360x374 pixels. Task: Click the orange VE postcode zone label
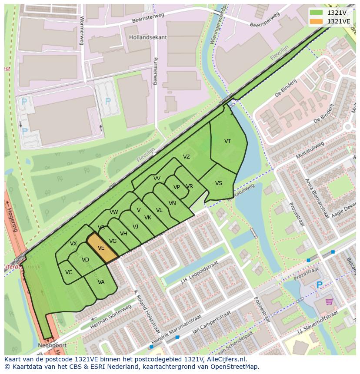(101, 248)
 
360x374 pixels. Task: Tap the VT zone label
(227, 141)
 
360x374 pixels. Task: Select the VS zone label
(218, 183)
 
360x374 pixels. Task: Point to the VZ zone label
(186, 157)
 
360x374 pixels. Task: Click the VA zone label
(101, 282)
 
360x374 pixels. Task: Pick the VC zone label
(69, 272)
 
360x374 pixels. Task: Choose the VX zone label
(73, 244)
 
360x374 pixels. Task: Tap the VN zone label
(172, 203)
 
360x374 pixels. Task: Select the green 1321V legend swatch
(317, 13)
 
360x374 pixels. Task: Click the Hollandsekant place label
(148, 37)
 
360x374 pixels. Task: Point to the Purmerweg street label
(155, 71)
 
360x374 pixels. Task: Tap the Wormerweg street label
(82, 30)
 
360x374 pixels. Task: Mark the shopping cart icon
(329, 301)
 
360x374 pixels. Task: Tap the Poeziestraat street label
(263, 309)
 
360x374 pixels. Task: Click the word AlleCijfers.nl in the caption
(225, 359)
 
